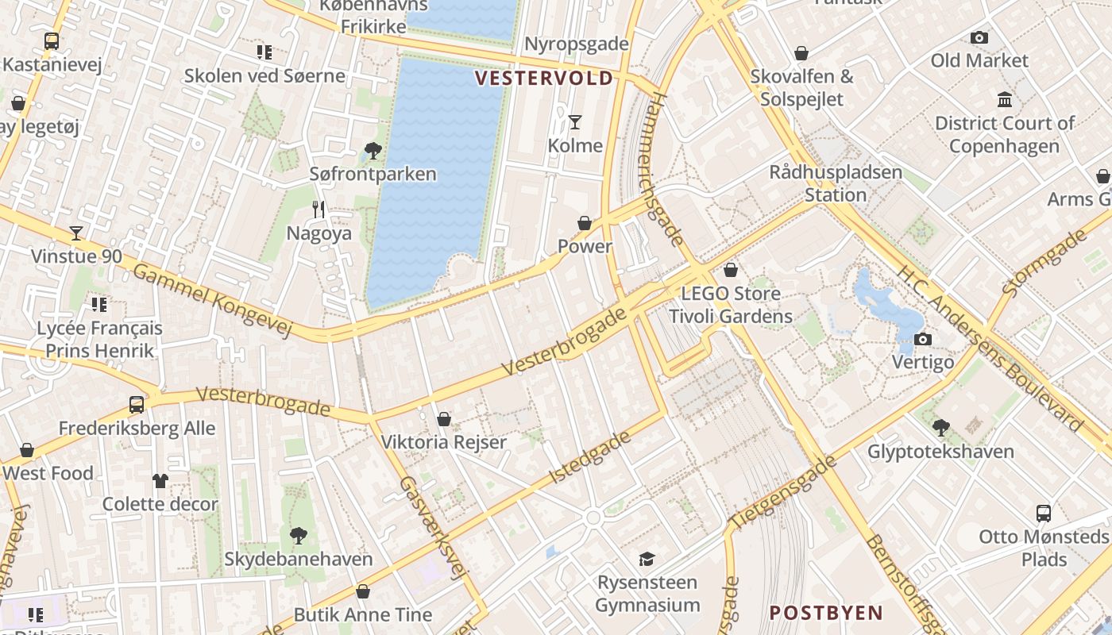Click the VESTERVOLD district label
[544, 78]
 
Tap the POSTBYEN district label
[826, 613]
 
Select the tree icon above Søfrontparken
[372, 151]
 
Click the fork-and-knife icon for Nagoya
[319, 210]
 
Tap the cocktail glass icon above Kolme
[575, 122]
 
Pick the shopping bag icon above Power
[585, 224]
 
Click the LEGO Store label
[731, 294]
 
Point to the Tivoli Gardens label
[731, 317]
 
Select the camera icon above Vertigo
[922, 340]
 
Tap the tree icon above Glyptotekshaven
[941, 428]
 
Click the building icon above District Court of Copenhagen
[1005, 100]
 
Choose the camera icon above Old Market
[979, 37]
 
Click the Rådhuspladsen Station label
[836, 183]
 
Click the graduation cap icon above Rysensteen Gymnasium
[647, 559]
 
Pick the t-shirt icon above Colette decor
[160, 481]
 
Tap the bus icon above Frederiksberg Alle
[137, 405]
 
